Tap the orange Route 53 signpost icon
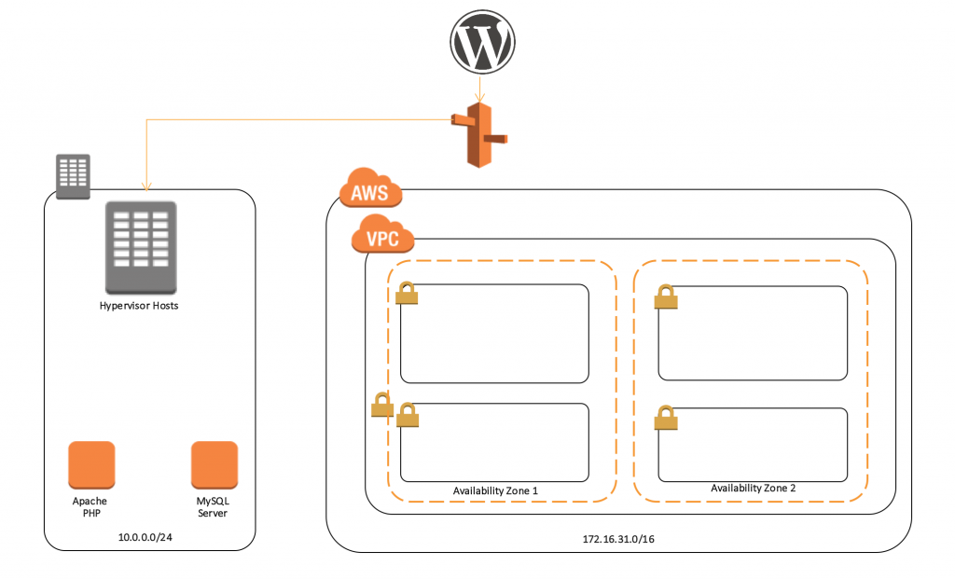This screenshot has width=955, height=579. click(x=479, y=135)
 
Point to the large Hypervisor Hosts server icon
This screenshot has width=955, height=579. click(x=140, y=247)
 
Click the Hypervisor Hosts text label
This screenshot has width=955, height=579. click(x=139, y=306)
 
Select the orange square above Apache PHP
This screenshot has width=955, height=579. click(x=91, y=464)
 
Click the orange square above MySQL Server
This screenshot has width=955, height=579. click(x=214, y=464)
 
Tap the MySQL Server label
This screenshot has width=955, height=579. click(x=213, y=507)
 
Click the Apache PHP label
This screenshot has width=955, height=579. click(x=90, y=507)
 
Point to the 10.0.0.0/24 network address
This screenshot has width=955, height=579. click(x=145, y=538)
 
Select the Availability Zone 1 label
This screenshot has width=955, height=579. click(x=495, y=490)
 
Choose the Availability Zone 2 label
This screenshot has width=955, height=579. click(x=753, y=489)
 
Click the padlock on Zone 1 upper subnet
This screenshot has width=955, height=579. click(x=407, y=293)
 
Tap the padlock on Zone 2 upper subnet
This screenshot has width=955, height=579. click(x=665, y=296)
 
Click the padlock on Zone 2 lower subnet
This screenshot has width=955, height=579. click(x=665, y=418)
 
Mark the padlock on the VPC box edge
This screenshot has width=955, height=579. click(x=381, y=405)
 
